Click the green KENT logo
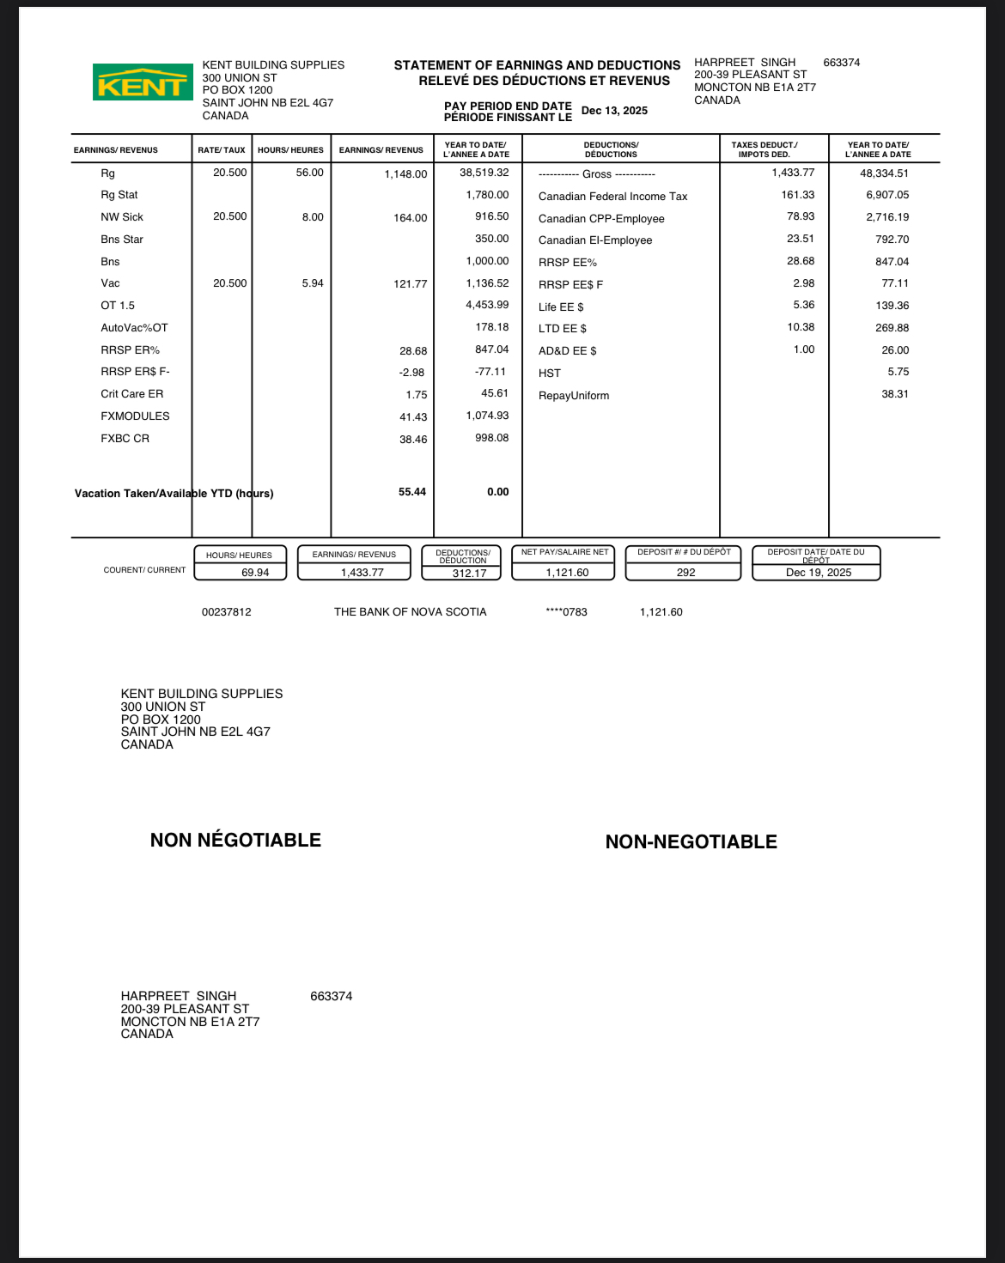coord(143,82)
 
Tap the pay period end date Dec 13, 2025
coord(614,111)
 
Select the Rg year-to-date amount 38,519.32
coord(484,173)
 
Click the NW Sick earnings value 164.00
coord(410,218)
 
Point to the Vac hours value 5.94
coord(313,283)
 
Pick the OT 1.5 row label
coord(118,306)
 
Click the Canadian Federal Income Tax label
coord(612,197)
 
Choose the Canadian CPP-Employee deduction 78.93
coord(801,217)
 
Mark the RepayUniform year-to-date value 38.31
coord(894,394)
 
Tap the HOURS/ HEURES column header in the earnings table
coord(290,150)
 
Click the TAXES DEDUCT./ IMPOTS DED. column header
coord(764,149)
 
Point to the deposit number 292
coord(685,573)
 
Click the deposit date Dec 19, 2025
coord(818,573)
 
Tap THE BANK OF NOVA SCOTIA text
coord(410,612)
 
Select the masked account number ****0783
coord(566,612)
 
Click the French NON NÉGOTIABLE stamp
coord(235,840)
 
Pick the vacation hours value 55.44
coord(411,492)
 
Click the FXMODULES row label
coord(135,416)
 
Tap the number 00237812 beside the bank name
coord(227,612)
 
